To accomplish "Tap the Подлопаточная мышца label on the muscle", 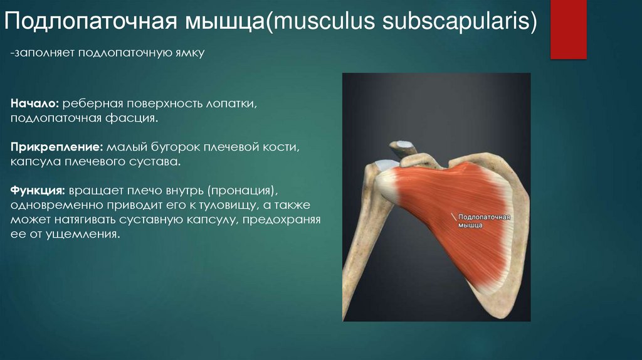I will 485,221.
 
